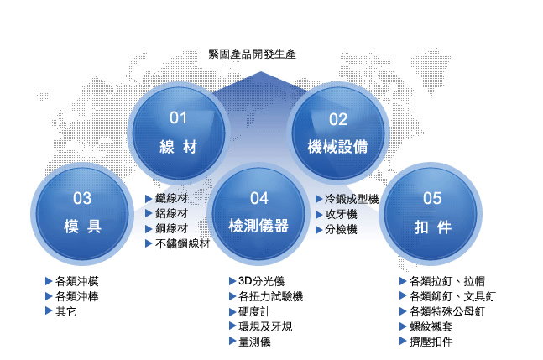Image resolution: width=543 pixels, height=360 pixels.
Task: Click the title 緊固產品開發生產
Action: (x=252, y=54)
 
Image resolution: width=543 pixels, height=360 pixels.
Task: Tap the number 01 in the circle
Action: (x=179, y=118)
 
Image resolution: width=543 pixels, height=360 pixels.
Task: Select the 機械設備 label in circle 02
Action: (x=337, y=146)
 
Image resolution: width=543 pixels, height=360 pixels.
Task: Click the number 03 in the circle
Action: (x=82, y=198)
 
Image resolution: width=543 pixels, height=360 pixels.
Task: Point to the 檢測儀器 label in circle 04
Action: (x=258, y=226)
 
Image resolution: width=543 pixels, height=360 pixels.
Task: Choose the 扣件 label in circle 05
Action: (x=433, y=227)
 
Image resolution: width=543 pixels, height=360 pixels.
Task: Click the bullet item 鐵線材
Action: (x=171, y=198)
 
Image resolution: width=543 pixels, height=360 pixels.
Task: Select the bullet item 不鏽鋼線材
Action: (x=182, y=243)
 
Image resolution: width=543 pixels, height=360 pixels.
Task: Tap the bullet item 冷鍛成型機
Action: (x=352, y=199)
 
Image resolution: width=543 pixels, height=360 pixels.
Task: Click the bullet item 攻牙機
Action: (x=341, y=214)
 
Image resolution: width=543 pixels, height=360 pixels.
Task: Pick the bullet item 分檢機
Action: (x=341, y=229)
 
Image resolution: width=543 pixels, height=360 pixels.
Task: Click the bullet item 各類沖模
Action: (x=77, y=281)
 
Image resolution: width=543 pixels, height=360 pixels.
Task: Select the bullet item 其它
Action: (x=65, y=311)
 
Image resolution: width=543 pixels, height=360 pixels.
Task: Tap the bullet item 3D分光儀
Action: (x=262, y=281)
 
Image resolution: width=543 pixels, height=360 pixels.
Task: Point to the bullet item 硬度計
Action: (x=254, y=311)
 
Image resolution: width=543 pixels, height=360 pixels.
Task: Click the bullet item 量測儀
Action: (x=254, y=342)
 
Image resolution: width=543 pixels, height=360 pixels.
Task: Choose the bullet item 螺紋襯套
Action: (x=431, y=326)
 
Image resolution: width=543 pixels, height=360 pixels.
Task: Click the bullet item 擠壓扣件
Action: (x=431, y=342)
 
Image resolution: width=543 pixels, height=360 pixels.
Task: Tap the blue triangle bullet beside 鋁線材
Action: (x=149, y=214)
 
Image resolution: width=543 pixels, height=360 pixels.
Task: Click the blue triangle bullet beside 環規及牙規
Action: (x=232, y=326)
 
